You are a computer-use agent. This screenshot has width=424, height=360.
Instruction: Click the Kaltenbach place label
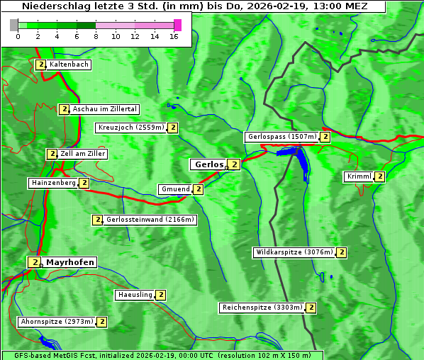click(x=69, y=64)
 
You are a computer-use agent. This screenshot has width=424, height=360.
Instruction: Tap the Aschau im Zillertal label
click(x=104, y=109)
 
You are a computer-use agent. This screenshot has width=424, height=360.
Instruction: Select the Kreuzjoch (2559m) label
click(x=130, y=128)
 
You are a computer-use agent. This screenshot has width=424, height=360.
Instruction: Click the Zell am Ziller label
click(x=82, y=154)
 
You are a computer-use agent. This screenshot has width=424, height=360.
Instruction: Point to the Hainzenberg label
click(x=53, y=183)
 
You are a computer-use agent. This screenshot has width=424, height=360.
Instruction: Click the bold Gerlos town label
click(x=208, y=164)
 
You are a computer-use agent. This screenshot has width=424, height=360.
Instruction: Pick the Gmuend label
click(x=174, y=189)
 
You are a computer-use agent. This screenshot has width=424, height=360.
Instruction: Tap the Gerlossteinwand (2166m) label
click(x=150, y=220)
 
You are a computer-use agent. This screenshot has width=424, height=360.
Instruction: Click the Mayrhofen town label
click(x=69, y=262)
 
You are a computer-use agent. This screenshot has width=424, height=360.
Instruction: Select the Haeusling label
click(x=134, y=295)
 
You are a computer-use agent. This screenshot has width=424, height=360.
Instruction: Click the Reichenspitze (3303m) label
click(x=262, y=308)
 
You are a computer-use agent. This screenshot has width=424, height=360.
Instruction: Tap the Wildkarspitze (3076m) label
click(x=294, y=252)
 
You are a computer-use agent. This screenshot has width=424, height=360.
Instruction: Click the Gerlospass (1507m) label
click(x=281, y=137)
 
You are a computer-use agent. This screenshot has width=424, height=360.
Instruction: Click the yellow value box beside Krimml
click(x=380, y=176)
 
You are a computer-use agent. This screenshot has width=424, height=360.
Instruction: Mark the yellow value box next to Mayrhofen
click(x=33, y=262)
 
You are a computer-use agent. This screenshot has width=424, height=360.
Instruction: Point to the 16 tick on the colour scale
click(x=174, y=36)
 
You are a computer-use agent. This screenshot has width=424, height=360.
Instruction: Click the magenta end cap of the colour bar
click(x=177, y=25)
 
